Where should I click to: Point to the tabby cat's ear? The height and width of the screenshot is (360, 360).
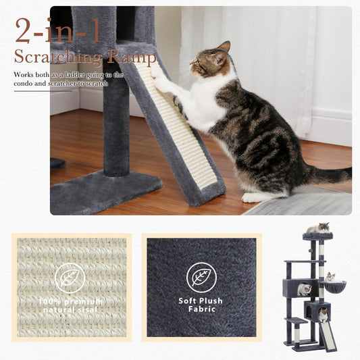click(224, 47)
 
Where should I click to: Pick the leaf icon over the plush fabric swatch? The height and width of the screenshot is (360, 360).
click(201, 277)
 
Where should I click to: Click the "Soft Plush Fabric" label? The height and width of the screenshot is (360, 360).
click(201, 305)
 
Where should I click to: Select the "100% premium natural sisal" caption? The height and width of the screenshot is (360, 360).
click(70, 305)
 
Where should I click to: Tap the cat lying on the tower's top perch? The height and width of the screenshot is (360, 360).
click(317, 228)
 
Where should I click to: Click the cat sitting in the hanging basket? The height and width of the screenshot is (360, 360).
click(330, 278)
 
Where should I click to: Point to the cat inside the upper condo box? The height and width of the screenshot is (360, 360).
click(305, 289)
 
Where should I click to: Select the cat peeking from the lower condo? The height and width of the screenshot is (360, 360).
click(323, 314)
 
